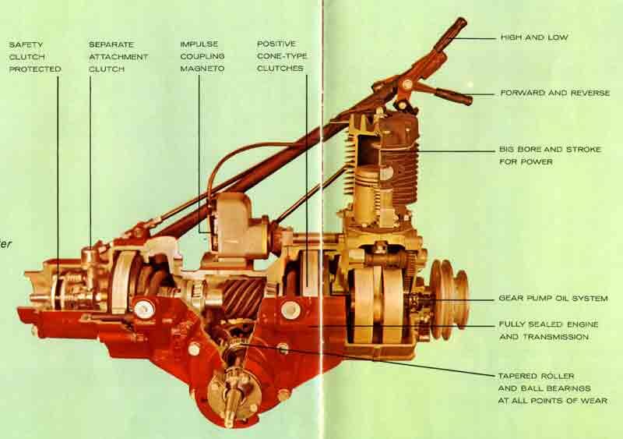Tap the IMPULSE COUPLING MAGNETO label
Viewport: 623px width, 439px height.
pyautogui.click(x=202, y=57)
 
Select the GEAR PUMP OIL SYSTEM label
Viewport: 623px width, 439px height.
pyautogui.click(x=553, y=299)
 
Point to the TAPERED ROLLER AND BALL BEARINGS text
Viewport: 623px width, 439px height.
pyautogui.click(x=552, y=388)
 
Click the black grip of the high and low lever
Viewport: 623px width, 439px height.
pyautogui.click(x=450, y=35)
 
